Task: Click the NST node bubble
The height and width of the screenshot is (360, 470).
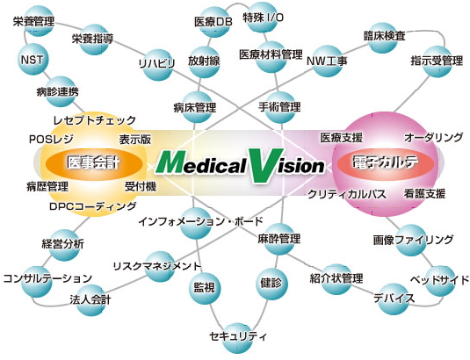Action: point(33,60)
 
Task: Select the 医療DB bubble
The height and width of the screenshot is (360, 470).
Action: point(213,22)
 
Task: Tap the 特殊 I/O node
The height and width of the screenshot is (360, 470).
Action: point(263,18)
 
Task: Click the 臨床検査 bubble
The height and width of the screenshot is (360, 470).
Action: point(383,38)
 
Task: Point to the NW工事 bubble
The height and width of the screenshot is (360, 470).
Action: point(327,61)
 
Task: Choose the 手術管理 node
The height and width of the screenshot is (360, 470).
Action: point(279,107)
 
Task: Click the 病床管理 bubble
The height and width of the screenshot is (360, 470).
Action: point(196,107)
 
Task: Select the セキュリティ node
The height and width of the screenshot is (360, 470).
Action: point(238,338)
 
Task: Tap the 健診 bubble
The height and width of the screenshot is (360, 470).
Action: point(271,284)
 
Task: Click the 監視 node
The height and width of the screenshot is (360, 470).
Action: point(205,288)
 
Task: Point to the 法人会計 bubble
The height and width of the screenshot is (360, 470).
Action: point(90,300)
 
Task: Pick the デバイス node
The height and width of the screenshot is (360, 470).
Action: point(394,299)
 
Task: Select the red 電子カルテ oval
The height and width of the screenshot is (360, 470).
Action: point(386,163)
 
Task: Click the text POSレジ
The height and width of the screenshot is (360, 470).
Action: point(51,140)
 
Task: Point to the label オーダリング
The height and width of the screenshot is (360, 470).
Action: point(433,138)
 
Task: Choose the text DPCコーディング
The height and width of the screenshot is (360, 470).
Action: point(92,206)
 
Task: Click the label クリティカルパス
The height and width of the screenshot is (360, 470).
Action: point(347,195)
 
